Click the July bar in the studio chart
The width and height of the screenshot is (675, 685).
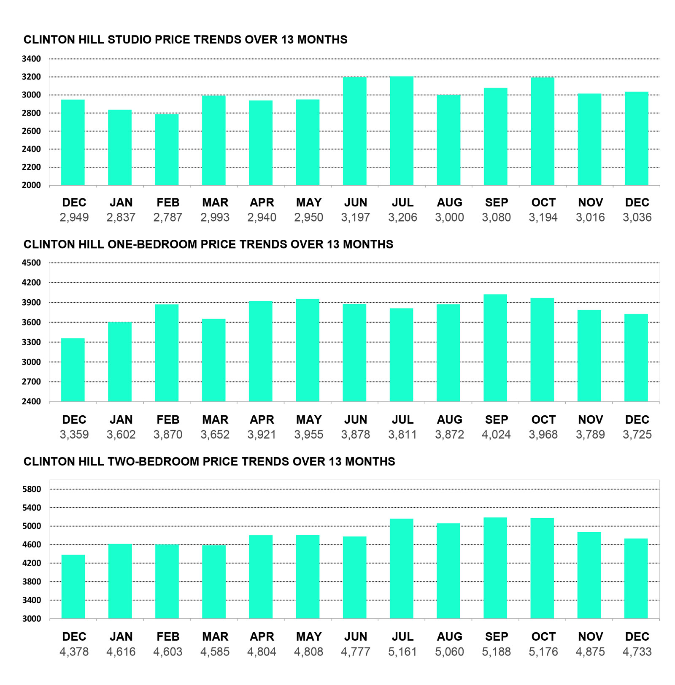point(402,131)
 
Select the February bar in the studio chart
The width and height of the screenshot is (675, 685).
point(167,149)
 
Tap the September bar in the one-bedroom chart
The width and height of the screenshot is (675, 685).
point(495,348)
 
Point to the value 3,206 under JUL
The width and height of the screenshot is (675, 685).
point(402,217)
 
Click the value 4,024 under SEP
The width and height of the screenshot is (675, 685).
point(496,434)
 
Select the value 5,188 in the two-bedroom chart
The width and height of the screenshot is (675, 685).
point(496,652)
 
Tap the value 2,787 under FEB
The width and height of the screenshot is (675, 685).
point(168,217)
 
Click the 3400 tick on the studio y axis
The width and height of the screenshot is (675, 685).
point(32,59)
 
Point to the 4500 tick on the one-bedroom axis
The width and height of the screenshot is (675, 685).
point(32,263)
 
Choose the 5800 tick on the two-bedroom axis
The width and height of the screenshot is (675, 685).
point(32,489)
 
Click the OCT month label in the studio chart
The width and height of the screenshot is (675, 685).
point(543,203)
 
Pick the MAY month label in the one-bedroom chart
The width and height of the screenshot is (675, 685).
point(309,420)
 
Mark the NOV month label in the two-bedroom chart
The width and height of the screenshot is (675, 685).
point(590,636)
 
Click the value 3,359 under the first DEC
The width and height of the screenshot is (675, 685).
point(74,434)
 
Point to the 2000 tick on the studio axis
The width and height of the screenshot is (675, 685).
point(32,185)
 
